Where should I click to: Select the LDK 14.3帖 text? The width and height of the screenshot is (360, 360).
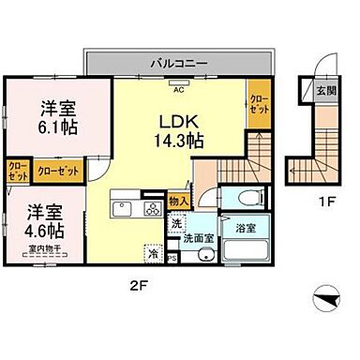(179, 130)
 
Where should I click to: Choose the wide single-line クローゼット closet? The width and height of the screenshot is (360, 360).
(57, 170)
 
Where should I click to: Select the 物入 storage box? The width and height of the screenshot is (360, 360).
(178, 201)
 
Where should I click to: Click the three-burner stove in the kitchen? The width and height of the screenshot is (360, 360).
(151, 208)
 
